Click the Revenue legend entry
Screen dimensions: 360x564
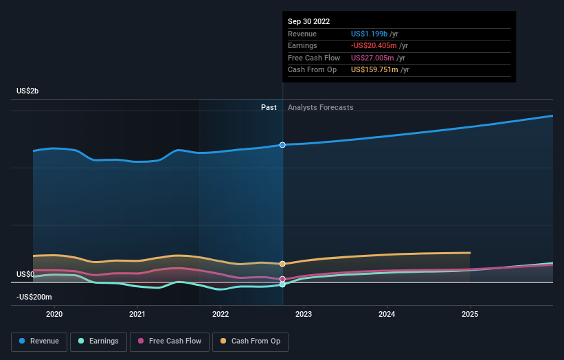40,341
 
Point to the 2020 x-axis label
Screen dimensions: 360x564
54,314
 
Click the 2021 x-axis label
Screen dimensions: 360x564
137,314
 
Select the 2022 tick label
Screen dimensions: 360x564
221,314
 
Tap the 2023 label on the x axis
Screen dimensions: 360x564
304,314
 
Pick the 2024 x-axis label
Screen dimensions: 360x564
387,314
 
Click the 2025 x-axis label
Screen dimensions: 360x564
470,314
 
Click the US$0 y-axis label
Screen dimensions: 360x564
25,274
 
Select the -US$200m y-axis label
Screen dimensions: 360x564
34,297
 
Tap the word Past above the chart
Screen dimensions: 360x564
269,107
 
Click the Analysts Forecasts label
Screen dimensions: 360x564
320,107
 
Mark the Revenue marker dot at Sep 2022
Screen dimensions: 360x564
282,145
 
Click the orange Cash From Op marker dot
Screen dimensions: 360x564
282,264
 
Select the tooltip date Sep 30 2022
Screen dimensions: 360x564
310,21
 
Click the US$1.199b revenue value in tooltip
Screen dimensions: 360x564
369,34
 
